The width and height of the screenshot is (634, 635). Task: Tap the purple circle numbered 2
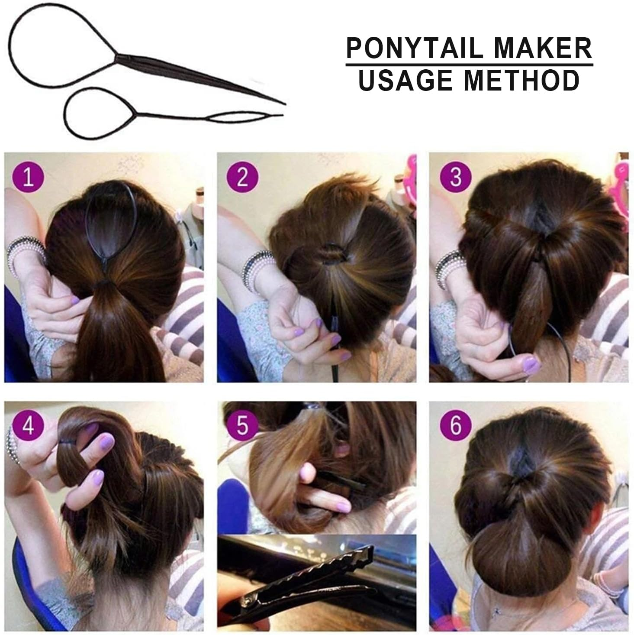coord(242,178)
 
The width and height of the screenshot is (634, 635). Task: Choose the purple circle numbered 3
coord(455,178)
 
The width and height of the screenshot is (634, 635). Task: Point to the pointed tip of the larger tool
coord(283,104)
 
